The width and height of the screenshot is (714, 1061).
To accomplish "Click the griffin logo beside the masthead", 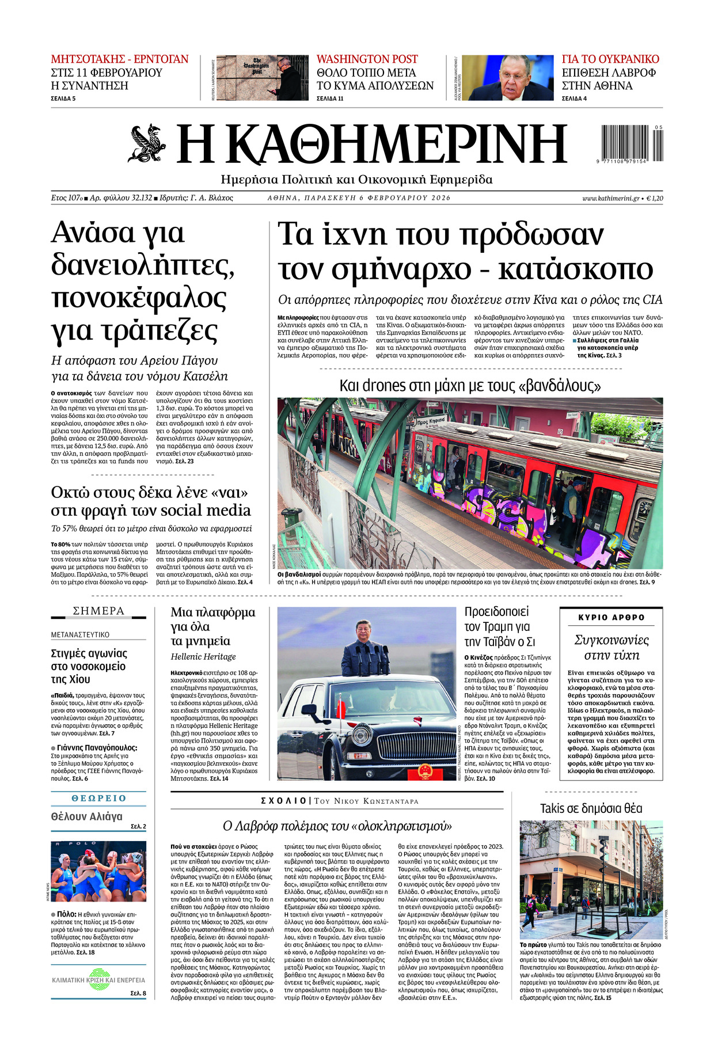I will click(147, 143).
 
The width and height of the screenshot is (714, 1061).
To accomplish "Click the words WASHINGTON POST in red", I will click(367, 59).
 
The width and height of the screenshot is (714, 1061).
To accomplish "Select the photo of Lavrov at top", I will click(507, 78).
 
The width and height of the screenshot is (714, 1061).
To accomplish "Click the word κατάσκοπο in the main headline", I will click(575, 268).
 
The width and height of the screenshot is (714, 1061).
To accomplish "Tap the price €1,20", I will click(654, 198).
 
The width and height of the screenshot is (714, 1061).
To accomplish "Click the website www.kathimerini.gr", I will click(610, 198).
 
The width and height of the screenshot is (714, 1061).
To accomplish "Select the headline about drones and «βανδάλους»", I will click(470, 385).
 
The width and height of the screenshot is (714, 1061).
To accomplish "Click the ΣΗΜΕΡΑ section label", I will click(98, 611).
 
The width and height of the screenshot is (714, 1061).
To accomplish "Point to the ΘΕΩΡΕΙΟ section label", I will click(98, 798).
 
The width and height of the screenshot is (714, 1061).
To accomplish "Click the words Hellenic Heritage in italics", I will click(203, 656).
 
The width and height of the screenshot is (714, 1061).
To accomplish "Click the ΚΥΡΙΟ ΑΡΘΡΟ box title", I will click(612, 617).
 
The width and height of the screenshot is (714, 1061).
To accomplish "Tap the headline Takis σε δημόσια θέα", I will click(591, 808).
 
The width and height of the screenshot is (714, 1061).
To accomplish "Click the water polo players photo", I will click(98, 871).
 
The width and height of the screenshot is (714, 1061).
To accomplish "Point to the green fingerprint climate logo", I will click(98, 980).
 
